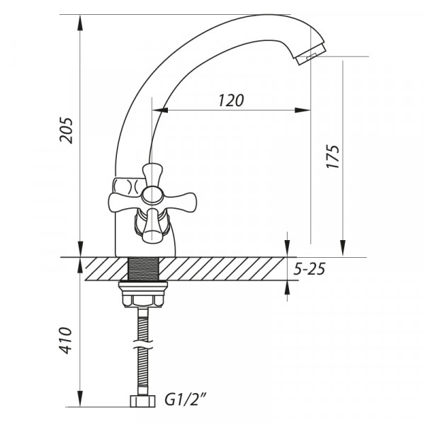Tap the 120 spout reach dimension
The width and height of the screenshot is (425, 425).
230,100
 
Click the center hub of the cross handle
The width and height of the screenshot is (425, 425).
149,194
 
